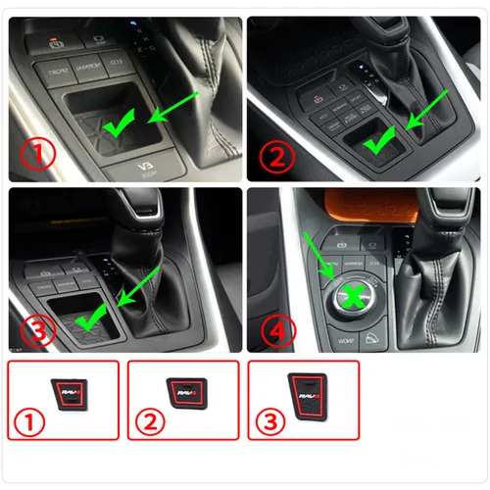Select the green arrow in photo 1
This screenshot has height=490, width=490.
pos(173,106)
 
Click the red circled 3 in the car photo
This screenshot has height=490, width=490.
pos(35,329)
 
